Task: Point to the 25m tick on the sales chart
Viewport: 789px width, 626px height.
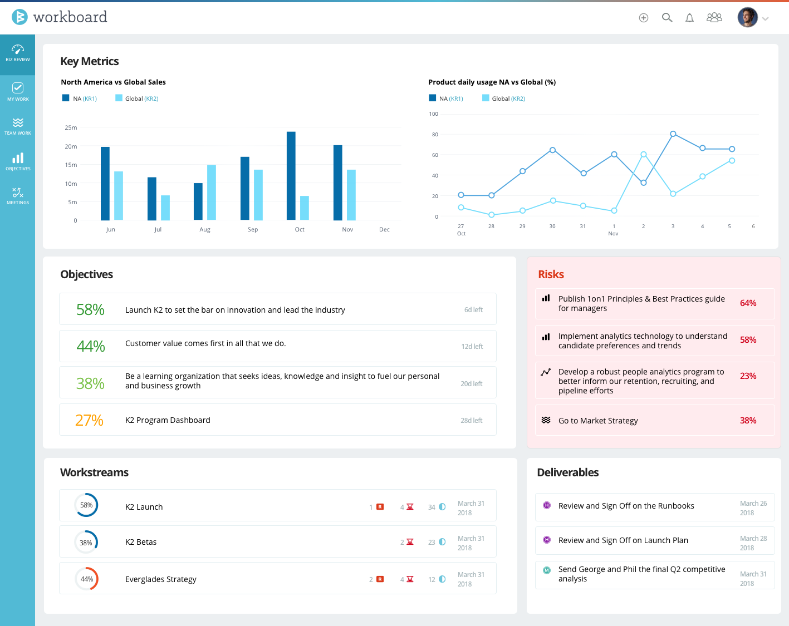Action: tap(71, 127)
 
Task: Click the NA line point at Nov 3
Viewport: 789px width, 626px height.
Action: tap(673, 134)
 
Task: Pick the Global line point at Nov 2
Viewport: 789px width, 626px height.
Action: tap(644, 155)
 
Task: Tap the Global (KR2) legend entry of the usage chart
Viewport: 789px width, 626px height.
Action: tap(504, 98)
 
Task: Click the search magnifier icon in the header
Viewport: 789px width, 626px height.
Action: tap(667, 18)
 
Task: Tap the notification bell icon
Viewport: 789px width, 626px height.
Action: tap(689, 18)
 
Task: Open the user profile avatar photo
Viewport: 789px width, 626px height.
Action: tap(747, 17)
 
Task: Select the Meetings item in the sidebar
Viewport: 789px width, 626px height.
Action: tap(18, 196)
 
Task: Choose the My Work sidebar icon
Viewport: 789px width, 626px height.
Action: tap(18, 91)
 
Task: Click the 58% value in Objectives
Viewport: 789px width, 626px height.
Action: tap(90, 309)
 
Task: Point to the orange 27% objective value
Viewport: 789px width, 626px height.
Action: tap(90, 420)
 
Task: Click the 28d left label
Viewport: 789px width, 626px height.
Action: tap(471, 421)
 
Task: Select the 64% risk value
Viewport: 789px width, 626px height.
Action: tap(748, 303)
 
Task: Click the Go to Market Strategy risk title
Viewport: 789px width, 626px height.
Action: tap(598, 421)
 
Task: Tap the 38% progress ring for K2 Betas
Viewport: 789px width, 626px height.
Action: tap(86, 543)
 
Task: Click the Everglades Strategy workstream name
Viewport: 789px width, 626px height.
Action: tap(161, 579)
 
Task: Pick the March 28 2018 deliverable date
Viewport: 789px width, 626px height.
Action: tap(753, 543)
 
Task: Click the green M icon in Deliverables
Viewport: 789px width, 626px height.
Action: tap(547, 570)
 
